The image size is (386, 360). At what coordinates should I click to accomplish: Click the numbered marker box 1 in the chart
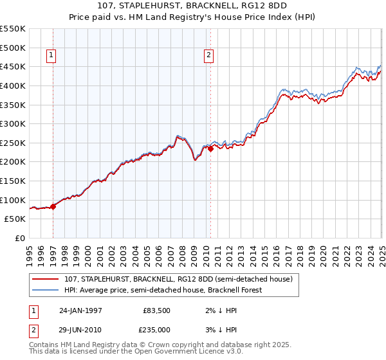click(50, 56)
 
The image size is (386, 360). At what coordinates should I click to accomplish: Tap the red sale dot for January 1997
click(53, 206)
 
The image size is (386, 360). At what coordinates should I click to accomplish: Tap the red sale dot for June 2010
click(210, 148)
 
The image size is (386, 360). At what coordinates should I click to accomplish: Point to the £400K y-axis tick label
click(13, 85)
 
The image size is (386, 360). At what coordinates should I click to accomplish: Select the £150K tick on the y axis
click(13, 181)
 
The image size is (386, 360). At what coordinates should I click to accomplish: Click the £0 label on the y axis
click(19, 238)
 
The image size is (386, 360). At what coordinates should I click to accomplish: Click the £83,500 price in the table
click(156, 309)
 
